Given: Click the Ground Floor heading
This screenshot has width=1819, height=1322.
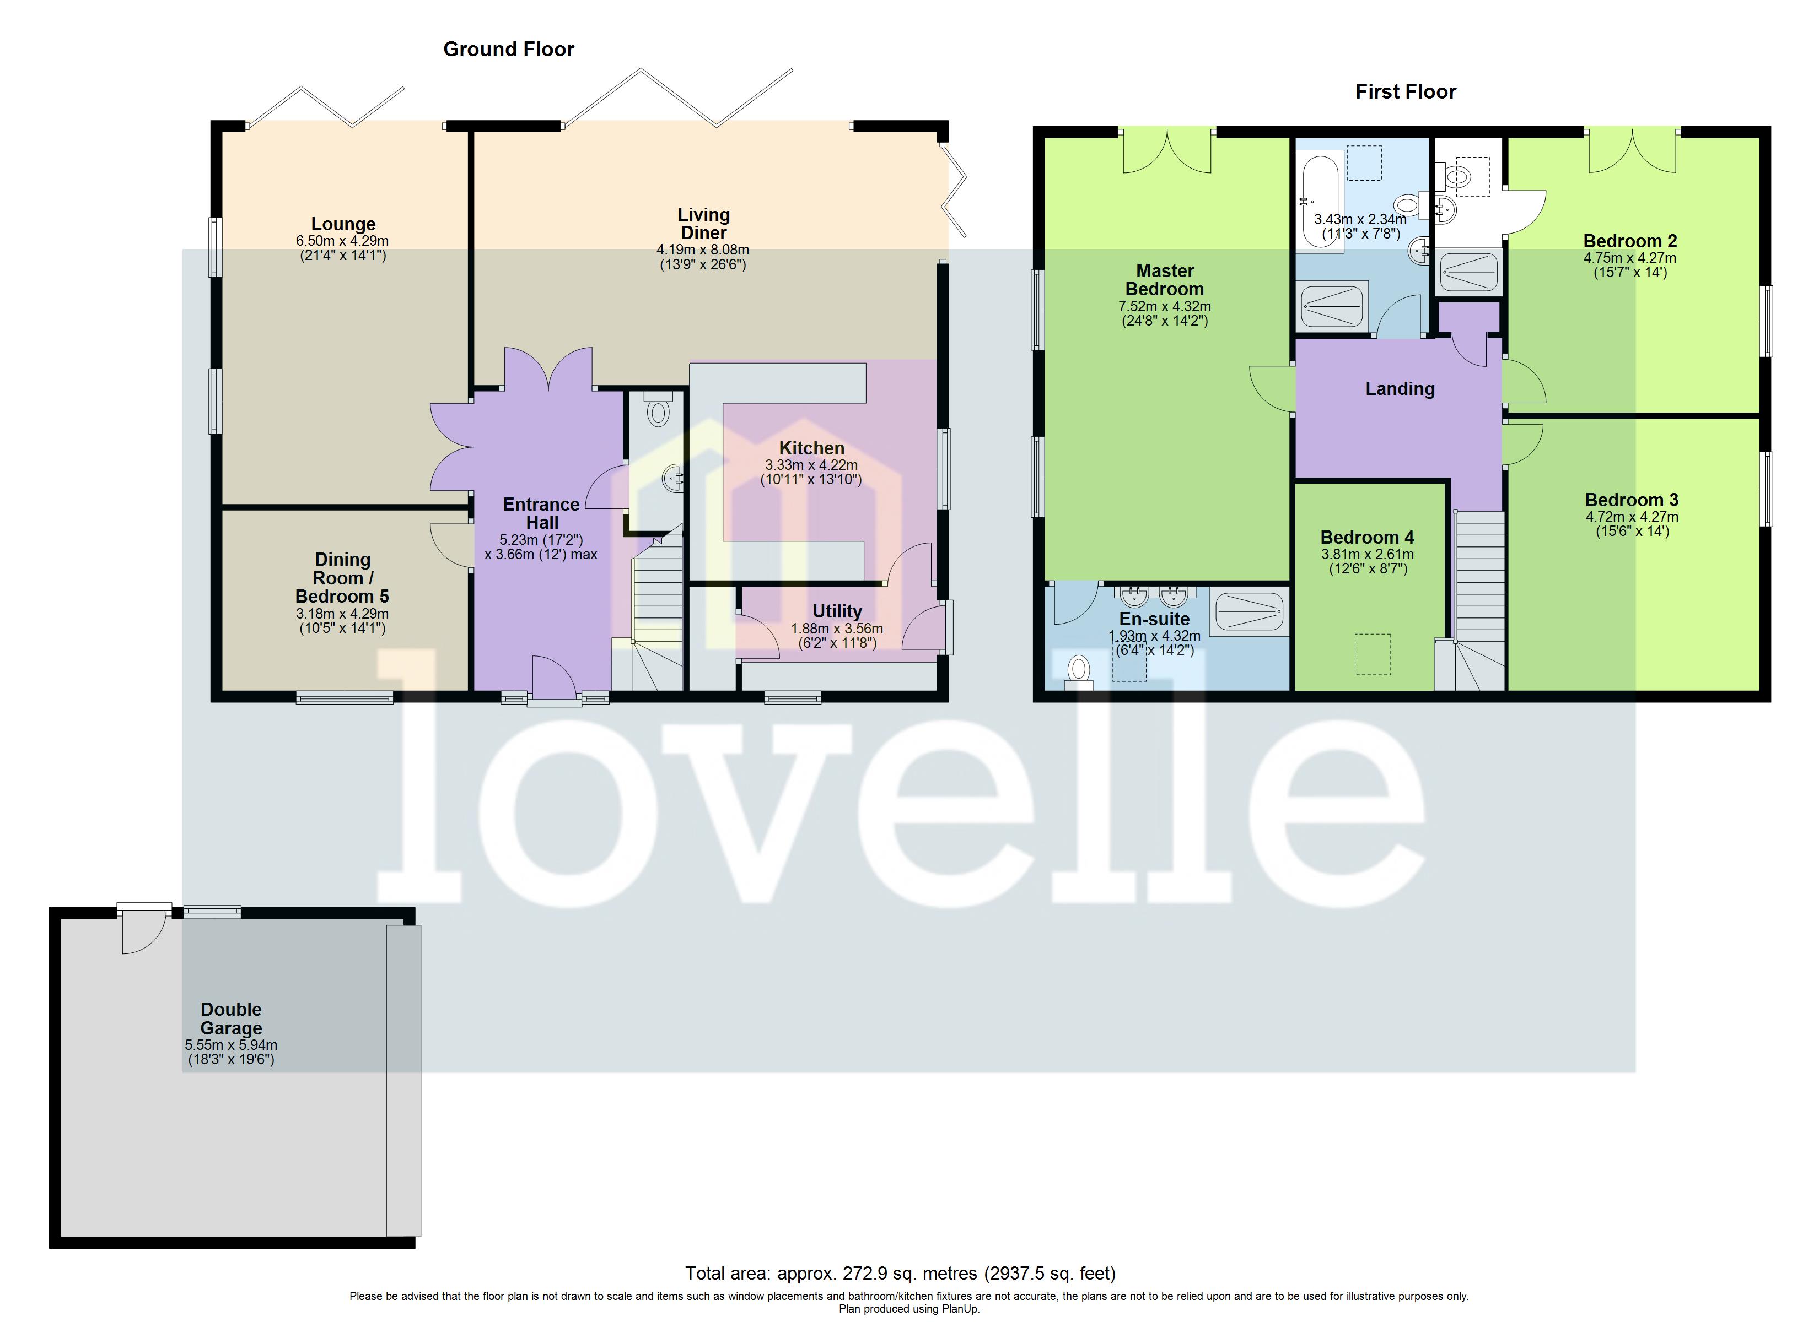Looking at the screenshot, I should click(508, 50).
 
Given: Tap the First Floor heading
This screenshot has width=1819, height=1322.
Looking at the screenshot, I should click(1405, 92).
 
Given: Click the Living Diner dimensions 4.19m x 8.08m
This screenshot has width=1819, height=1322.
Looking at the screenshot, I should click(703, 250).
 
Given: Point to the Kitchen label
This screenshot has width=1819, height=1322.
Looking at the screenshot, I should click(811, 448).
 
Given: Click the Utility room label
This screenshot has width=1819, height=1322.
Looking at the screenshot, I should click(837, 611).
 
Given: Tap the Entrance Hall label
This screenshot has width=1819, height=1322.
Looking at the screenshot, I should click(541, 513).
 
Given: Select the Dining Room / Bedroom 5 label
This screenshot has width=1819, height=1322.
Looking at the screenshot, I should click(342, 578).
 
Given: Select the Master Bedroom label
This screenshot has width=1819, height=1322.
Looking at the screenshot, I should click(1165, 280).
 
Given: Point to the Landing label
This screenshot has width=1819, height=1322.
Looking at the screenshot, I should click(1400, 389).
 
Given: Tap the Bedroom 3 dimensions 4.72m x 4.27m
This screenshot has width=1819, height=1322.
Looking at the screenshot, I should click(1632, 517).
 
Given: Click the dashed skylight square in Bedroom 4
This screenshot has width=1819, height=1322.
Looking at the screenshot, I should click(1373, 653).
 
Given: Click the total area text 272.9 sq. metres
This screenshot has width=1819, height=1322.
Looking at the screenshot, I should click(900, 1273).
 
